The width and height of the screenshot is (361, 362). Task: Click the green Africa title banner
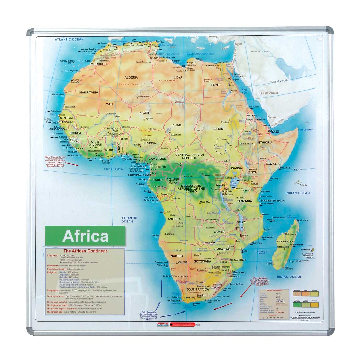[x=85, y=236]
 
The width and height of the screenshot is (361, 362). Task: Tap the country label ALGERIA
[x=131, y=77]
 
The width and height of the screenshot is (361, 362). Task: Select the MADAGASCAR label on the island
[x=285, y=242]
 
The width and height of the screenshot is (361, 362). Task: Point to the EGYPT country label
[x=216, y=85]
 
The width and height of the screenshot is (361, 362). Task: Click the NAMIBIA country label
[x=177, y=256]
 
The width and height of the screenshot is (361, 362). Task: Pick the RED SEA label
[x=244, y=91]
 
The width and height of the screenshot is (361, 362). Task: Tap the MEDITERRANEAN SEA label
[x=200, y=54]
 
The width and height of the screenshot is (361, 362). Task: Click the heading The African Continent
[x=85, y=251]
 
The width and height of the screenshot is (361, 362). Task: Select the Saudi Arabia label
[x=269, y=93]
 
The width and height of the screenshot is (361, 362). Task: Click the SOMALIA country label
[x=273, y=164]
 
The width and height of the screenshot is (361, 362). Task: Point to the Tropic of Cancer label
[x=278, y=81]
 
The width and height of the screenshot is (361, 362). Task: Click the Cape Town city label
[x=176, y=300]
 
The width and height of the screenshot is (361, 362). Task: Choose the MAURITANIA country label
[x=89, y=92]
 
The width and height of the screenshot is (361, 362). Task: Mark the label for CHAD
[x=177, y=125]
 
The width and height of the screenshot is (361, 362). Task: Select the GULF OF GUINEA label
[x=113, y=169]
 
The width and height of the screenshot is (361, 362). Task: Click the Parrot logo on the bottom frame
[x=163, y=324]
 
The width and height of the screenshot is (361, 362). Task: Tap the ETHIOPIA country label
[x=265, y=143]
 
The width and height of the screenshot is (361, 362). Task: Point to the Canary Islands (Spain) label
[x=67, y=62]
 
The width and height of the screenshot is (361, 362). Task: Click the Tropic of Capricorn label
[x=298, y=261]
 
